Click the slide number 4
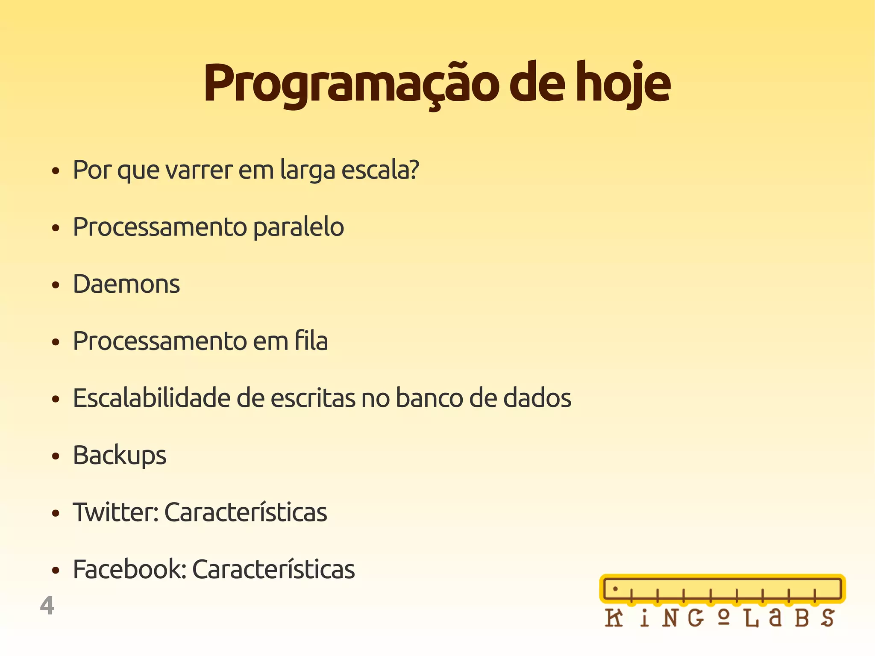pyautogui.click(x=47, y=606)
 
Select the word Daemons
pyautogui.click(x=126, y=284)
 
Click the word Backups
pyautogui.click(x=120, y=456)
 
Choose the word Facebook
pyautogui.click(x=129, y=569)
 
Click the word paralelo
pyautogui.click(x=298, y=227)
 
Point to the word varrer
pyautogui.click(x=199, y=170)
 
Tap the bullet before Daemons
pyautogui.click(x=55, y=285)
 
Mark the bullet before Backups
pyautogui.click(x=55, y=456)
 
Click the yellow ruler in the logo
pyautogui.click(x=722, y=589)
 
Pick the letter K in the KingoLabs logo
pyautogui.click(x=614, y=618)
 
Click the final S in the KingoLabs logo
pyautogui.click(x=828, y=618)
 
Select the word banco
pyautogui.click(x=429, y=398)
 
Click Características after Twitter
pyautogui.click(x=246, y=512)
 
